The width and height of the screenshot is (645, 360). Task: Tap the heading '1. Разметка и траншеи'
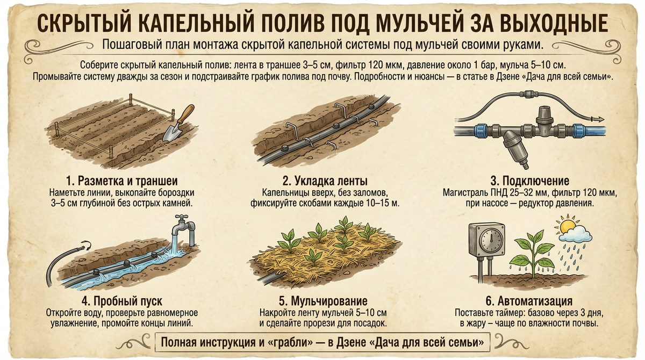point(122,181)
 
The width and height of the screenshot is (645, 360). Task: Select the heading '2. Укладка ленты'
point(325,181)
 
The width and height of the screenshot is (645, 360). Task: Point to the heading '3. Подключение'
point(530,181)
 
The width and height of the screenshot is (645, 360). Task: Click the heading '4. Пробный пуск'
point(122,301)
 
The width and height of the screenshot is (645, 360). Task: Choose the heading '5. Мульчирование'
point(323,301)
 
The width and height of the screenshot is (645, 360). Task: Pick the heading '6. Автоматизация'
point(529,301)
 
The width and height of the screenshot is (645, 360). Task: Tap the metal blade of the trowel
point(172,133)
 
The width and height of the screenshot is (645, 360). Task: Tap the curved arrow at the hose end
point(86,245)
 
